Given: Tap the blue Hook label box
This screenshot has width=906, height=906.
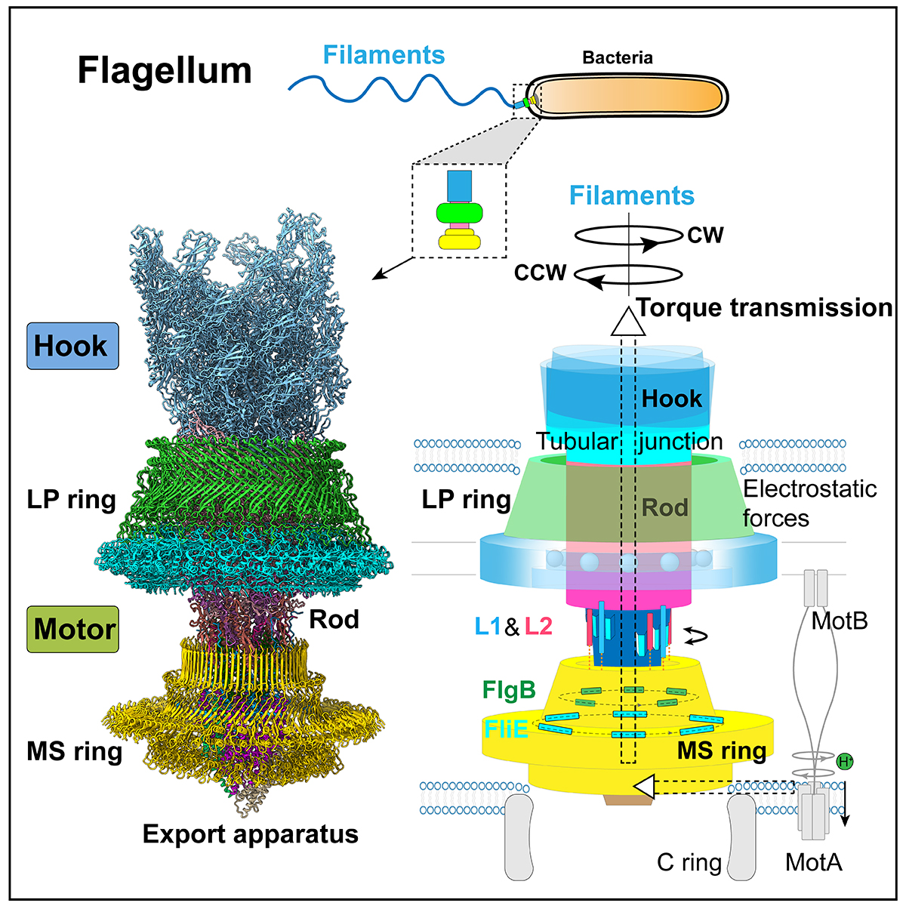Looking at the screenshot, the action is coord(73,346).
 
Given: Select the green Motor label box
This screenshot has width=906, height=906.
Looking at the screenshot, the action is coord(73,629).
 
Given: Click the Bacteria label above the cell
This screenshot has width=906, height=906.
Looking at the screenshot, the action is coord(618,58).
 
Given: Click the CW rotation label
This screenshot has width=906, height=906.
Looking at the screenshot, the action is coord(705,235).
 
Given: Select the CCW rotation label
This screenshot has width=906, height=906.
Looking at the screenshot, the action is coord(541,273).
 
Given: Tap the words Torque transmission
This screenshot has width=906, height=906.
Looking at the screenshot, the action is coord(765,308).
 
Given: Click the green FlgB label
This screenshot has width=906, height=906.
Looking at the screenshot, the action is coord(509,690).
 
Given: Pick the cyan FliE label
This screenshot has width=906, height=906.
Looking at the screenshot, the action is coord(506,729).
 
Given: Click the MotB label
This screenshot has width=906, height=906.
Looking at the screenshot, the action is coord(840,621).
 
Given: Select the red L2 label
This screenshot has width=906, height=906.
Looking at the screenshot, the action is coord(538,627).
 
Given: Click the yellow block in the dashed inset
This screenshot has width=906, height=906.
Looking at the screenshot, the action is coord(459,239).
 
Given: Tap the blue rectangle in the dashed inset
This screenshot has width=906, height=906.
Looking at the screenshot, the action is coord(459,186).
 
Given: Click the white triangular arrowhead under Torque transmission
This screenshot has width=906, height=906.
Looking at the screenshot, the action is coord(628,322).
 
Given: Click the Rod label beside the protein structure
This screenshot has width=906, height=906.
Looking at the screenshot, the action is coord(334,619).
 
